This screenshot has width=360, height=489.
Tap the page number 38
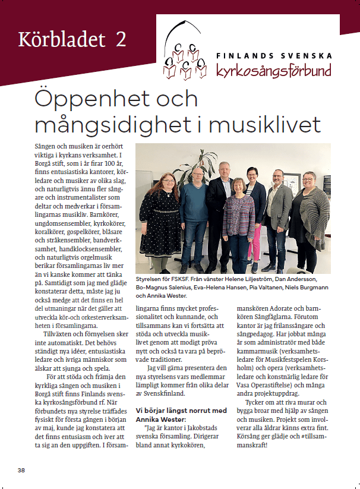(x=21, y=470)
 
